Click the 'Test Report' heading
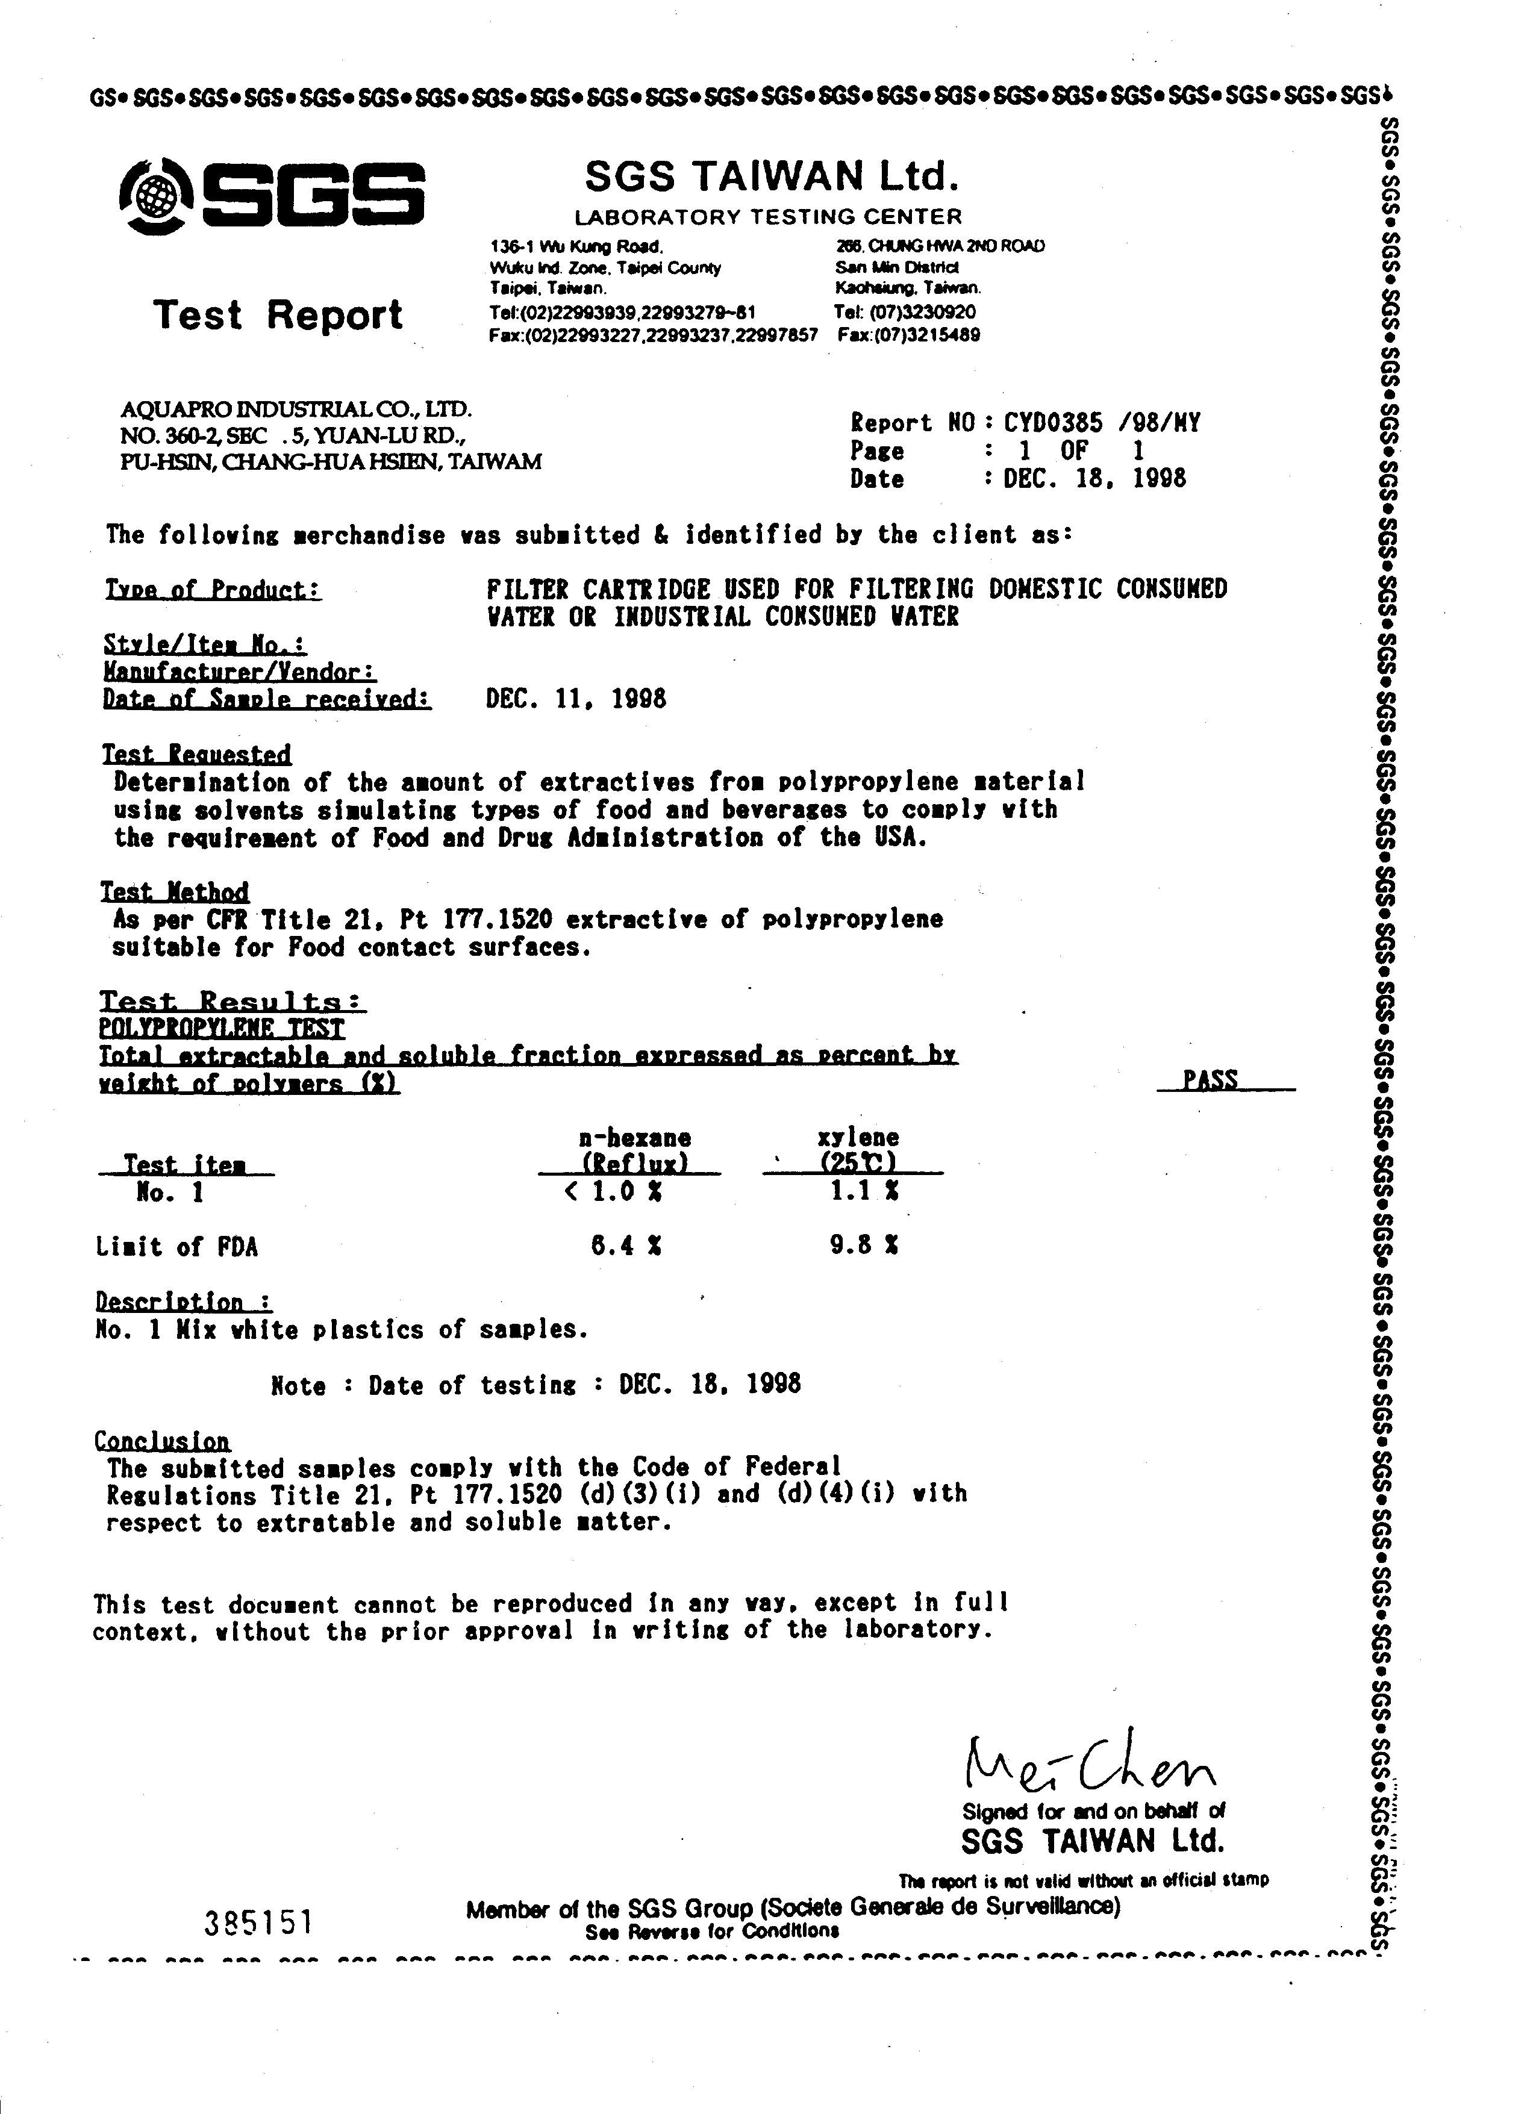tap(278, 315)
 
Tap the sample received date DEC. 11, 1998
tap(576, 699)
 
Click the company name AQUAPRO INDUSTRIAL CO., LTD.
tap(296, 408)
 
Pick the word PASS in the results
tap(1210, 1080)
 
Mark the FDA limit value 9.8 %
tap(864, 1246)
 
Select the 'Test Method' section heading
tap(175, 892)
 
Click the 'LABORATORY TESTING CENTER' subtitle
tap(768, 217)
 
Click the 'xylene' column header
tap(858, 1137)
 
